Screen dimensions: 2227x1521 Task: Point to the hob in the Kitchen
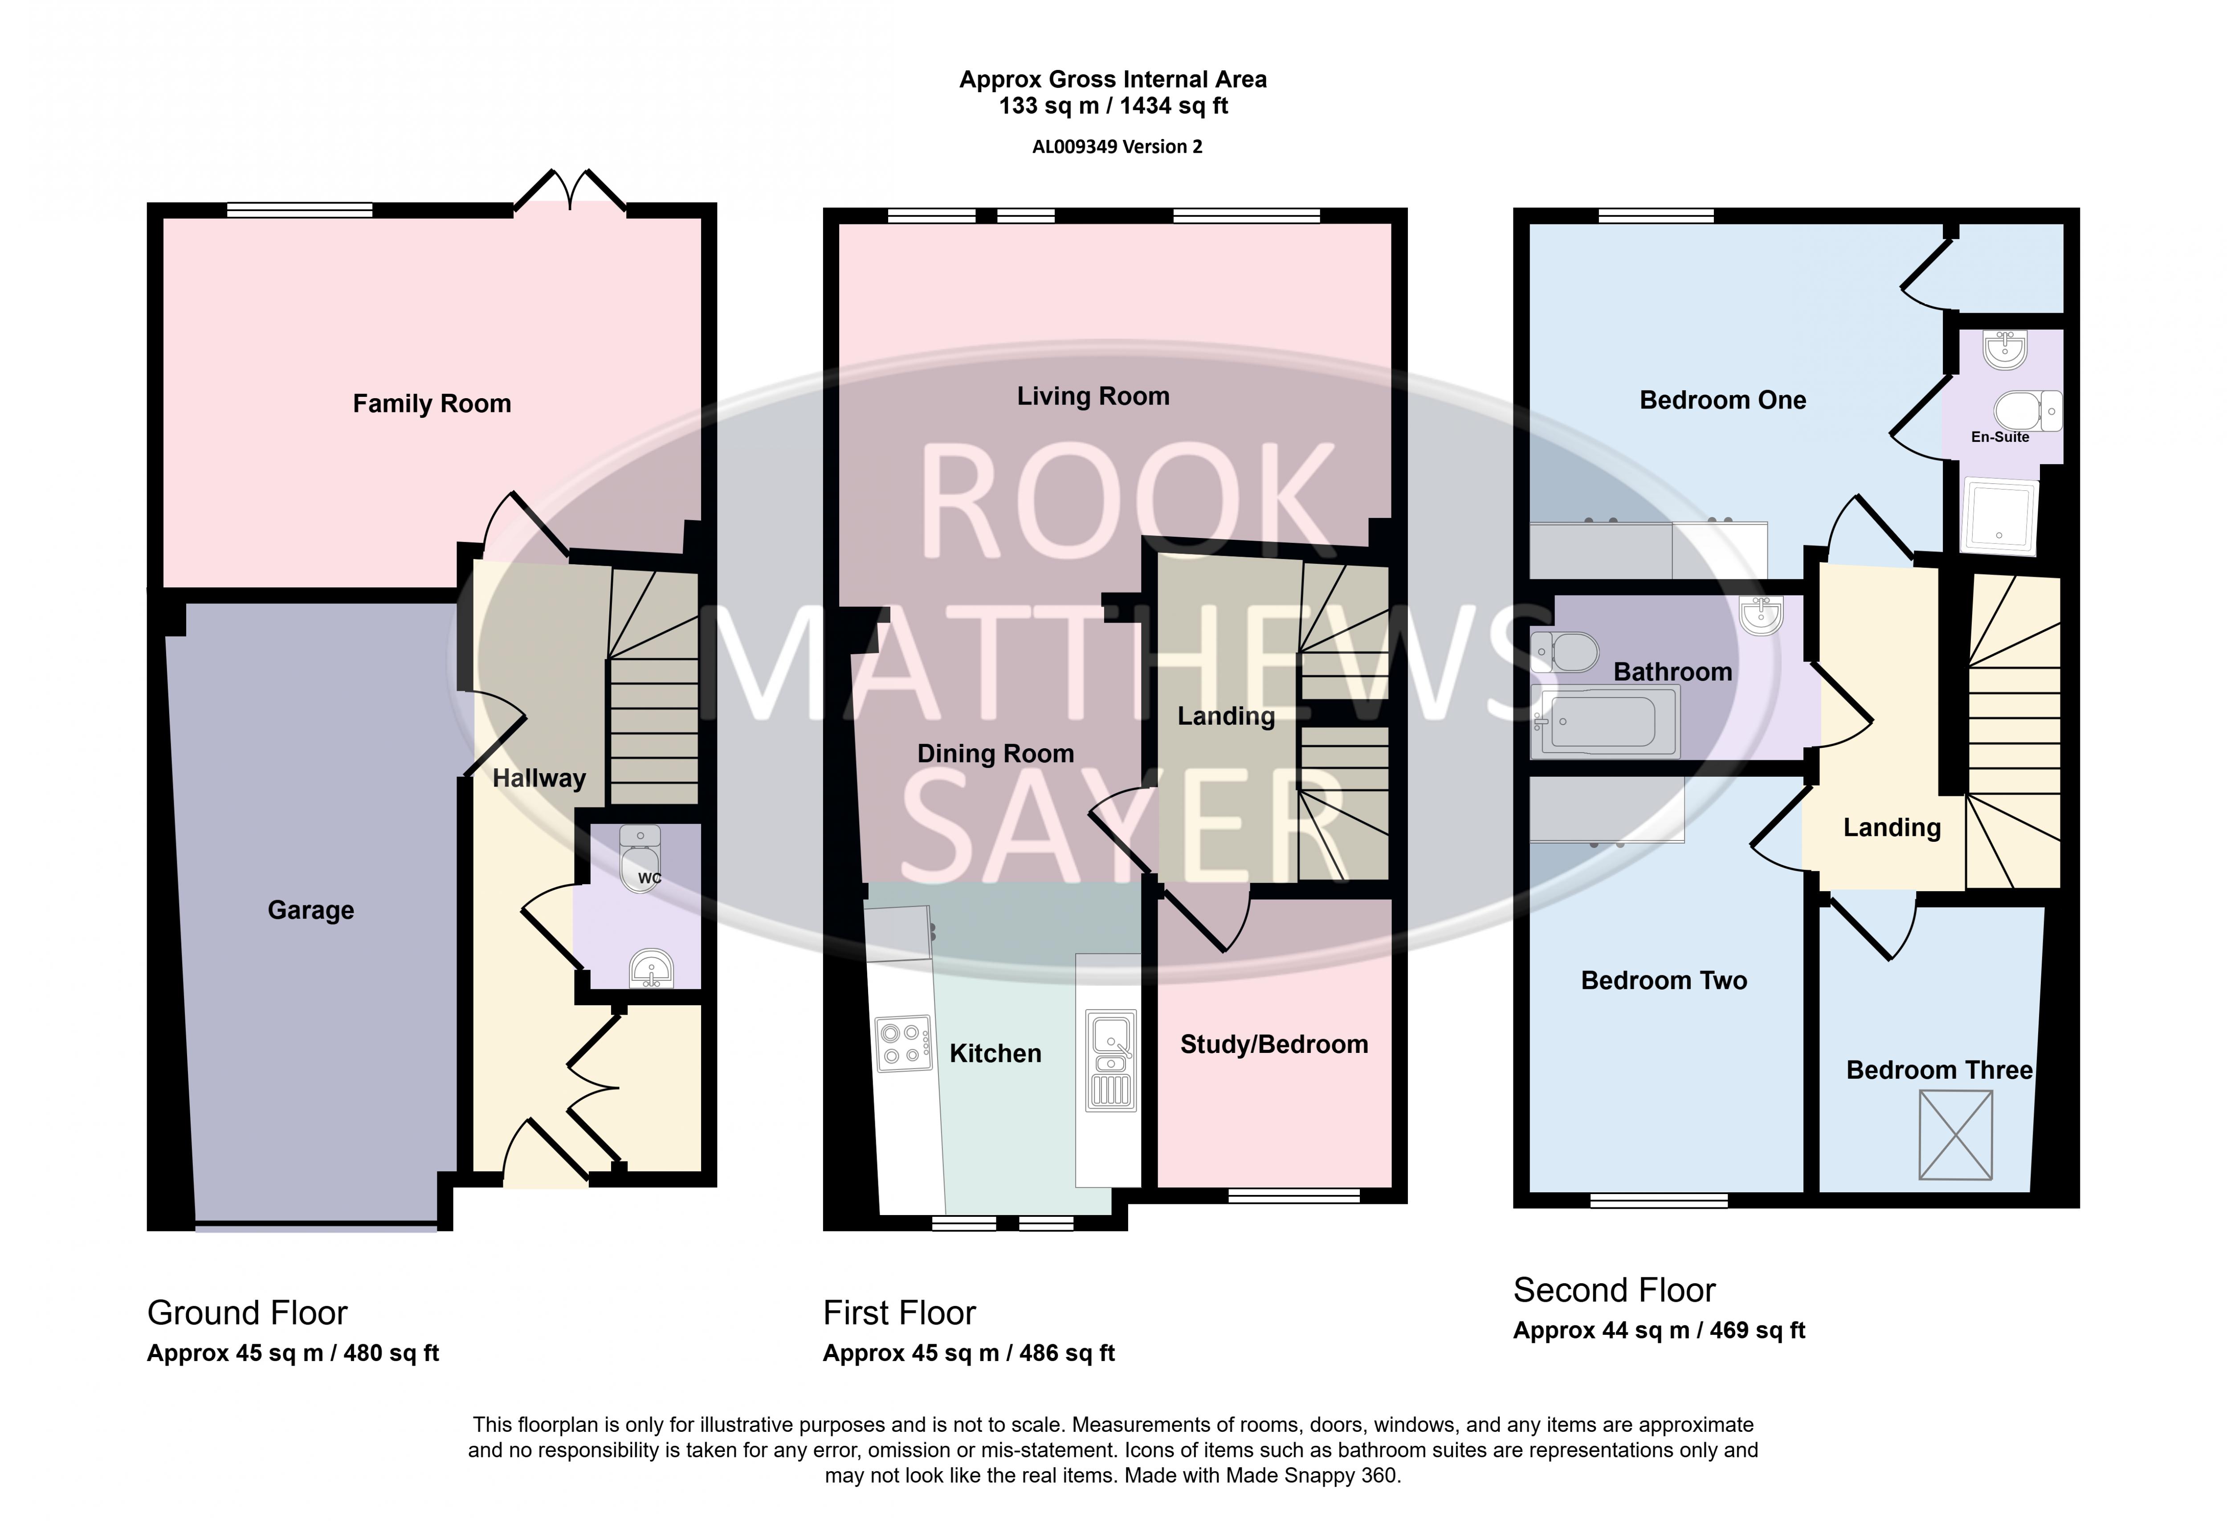pyautogui.click(x=904, y=1043)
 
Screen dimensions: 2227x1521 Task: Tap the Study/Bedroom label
pyautogui.click(x=1273, y=1045)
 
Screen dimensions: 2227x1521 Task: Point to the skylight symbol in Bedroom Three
pyautogui.click(x=1955, y=1135)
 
